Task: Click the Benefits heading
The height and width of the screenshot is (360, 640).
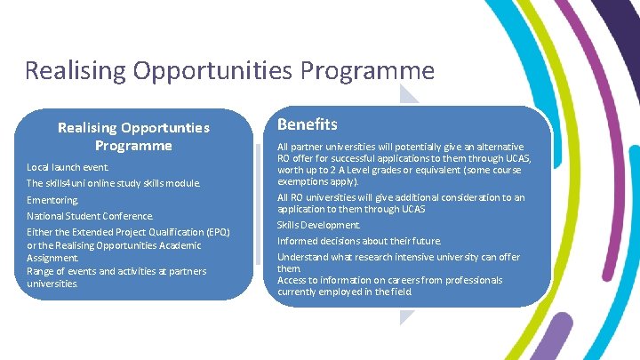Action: coord(307,124)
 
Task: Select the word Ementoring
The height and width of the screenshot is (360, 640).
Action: coord(52,200)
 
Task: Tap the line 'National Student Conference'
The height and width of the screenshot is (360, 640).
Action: coord(90,216)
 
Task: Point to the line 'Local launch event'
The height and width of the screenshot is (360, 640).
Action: coord(68,167)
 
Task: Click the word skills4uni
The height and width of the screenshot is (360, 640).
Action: coord(68,184)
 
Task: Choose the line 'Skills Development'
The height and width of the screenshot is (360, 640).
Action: coord(318,225)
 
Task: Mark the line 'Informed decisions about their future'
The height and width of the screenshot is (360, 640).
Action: coord(358,241)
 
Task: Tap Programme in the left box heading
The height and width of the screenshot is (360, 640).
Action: coord(133,145)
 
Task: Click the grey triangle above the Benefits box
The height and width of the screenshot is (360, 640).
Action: coord(411,96)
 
